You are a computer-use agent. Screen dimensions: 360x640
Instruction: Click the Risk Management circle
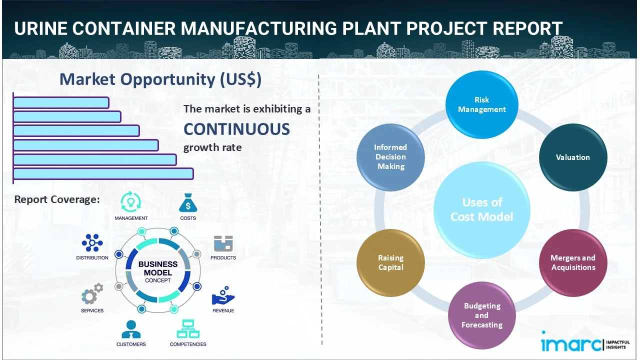click(x=481, y=104)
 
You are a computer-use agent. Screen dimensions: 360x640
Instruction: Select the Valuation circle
click(x=572, y=157)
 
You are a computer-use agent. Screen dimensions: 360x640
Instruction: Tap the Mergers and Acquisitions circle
click(x=572, y=262)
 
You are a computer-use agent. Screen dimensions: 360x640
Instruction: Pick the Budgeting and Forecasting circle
click(x=481, y=315)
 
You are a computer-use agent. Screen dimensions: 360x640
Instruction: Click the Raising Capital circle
click(x=390, y=262)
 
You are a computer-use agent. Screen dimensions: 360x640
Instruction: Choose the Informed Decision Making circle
click(x=390, y=157)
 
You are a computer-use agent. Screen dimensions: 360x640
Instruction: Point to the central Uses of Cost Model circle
click(x=481, y=209)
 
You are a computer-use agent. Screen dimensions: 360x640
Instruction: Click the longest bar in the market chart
click(x=103, y=173)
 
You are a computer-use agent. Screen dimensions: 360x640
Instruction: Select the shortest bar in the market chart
click(x=61, y=102)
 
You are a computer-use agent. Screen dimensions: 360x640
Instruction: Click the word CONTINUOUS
click(x=236, y=129)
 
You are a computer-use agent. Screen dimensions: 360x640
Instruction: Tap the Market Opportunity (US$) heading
click(x=160, y=79)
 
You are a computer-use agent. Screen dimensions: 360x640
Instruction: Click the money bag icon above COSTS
click(x=187, y=203)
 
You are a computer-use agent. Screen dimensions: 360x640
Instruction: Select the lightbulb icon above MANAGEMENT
click(x=130, y=202)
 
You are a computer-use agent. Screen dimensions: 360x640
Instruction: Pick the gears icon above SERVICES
click(x=92, y=294)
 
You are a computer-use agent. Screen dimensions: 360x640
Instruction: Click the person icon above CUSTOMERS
click(x=131, y=329)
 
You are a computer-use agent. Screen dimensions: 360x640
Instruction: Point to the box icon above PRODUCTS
click(x=223, y=243)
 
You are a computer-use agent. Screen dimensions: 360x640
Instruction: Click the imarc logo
click(x=571, y=343)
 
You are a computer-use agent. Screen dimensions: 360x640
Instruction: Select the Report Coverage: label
click(x=57, y=199)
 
